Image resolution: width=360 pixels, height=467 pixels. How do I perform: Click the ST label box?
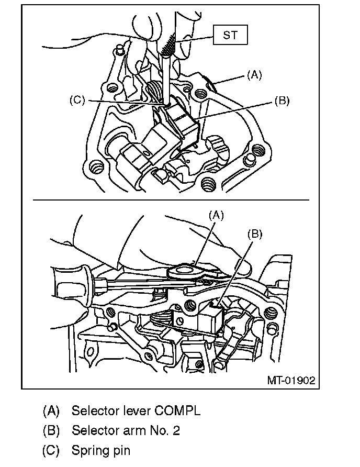230,36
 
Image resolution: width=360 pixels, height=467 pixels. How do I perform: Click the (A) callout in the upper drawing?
254,75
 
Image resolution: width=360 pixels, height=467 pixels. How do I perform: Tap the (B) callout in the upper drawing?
282,101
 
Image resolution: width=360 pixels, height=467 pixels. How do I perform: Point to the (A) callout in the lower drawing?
216,214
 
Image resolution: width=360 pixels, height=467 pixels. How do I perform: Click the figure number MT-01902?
291,380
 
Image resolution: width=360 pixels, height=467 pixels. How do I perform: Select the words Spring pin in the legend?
101,450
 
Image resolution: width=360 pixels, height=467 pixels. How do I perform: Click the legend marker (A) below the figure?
51,410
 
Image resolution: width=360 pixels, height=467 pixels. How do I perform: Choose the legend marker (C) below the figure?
51,450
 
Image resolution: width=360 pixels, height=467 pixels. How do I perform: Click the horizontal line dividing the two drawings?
171,200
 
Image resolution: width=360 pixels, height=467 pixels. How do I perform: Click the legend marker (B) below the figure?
51,430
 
